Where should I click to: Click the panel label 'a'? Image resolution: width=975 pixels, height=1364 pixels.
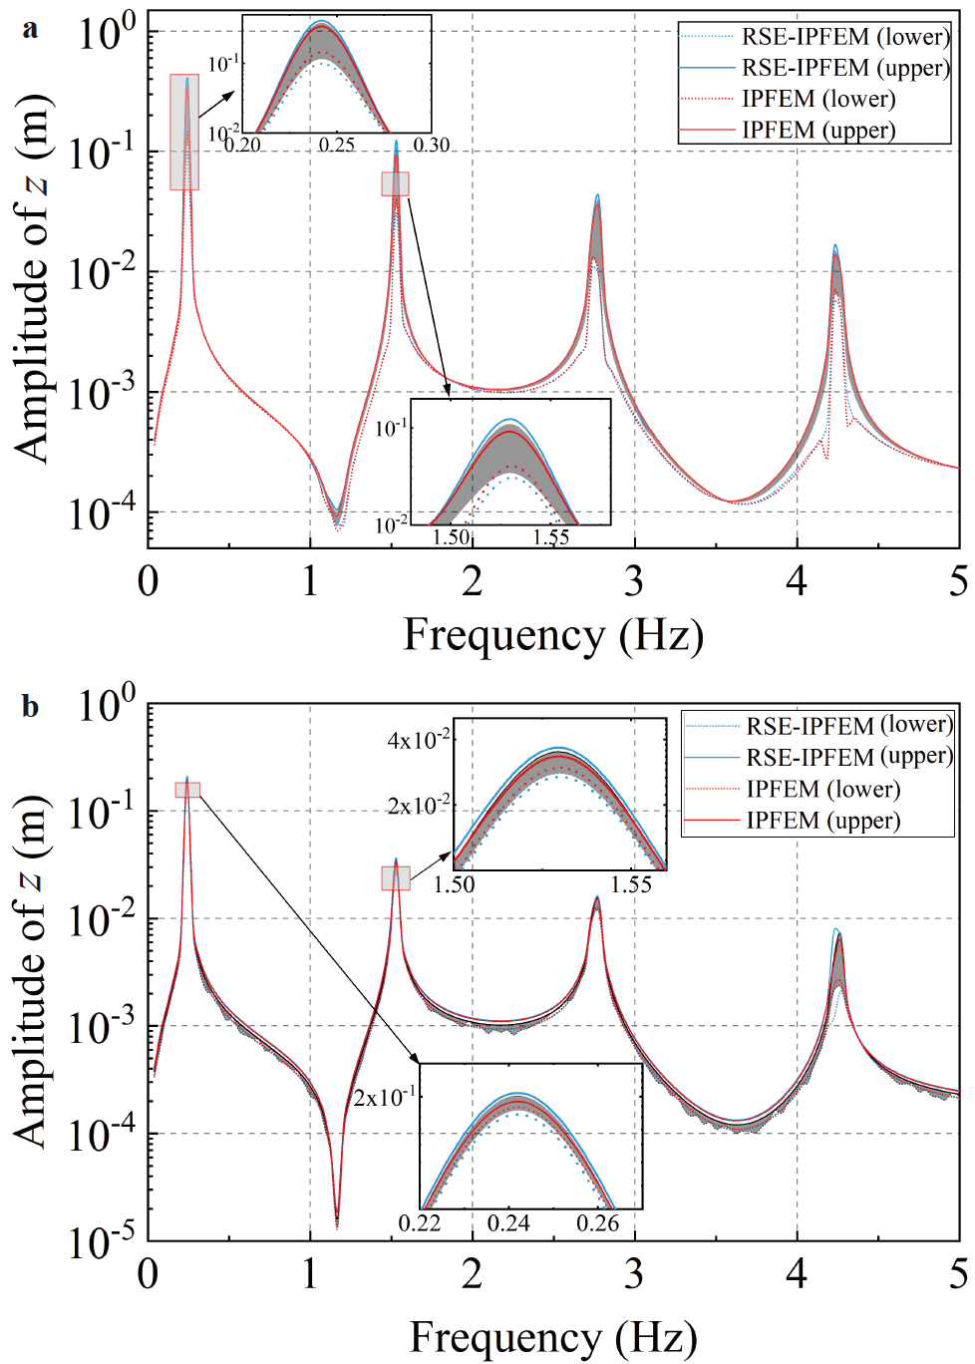(31, 29)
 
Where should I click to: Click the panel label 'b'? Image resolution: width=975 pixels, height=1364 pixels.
(31, 706)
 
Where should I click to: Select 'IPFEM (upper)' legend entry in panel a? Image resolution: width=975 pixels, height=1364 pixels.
(818, 131)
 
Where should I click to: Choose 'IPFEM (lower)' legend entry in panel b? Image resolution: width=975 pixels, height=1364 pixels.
(822, 790)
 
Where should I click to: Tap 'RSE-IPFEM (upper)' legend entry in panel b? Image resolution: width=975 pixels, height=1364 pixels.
(848, 757)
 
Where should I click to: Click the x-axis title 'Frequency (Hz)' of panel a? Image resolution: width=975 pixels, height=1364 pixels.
(553, 635)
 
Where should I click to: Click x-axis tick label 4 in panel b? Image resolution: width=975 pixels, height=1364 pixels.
(797, 1273)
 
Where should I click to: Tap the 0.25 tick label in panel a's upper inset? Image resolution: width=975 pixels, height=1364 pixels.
(337, 146)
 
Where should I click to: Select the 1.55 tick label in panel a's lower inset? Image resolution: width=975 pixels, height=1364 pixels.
(550, 537)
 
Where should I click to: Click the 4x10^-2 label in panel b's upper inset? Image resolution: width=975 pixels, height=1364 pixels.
(419, 740)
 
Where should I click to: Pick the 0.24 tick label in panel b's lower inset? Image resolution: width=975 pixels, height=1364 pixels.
(508, 1223)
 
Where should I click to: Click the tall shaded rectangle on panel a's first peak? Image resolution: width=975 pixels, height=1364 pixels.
(184, 132)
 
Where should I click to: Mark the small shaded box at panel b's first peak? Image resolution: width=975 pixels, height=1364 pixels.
(187, 790)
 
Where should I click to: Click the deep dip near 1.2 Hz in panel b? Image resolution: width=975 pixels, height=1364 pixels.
(337, 1221)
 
